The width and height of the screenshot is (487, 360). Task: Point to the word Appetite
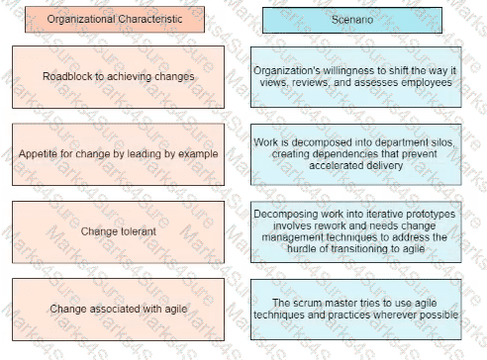point(41,154)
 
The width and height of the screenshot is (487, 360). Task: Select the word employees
point(428,83)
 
